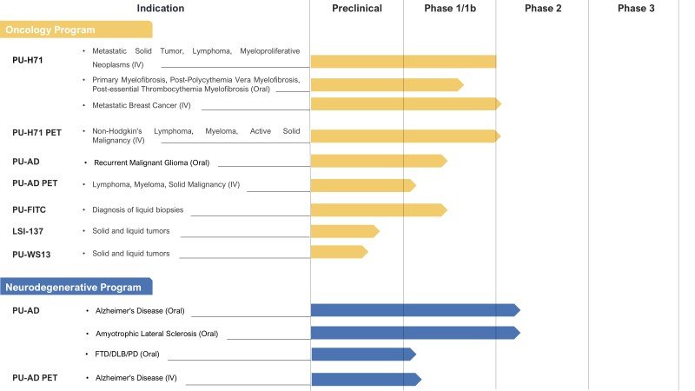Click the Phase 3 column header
(636, 8)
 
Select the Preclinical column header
(357, 8)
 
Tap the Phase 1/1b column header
(450, 8)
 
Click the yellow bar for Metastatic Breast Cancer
(405, 104)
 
